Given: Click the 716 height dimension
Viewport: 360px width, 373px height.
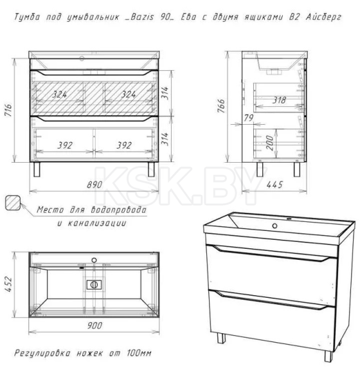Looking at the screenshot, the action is coord(8,110).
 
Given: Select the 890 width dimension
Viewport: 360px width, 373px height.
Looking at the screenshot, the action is coord(94,185).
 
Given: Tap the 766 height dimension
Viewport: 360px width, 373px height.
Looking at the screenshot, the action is coord(221,106).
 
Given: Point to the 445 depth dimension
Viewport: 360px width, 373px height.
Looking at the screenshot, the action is coord(274,185).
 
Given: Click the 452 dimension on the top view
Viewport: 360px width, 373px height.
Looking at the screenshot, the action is coord(8,284).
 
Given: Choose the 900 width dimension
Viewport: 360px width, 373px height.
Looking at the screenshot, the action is coord(94,325).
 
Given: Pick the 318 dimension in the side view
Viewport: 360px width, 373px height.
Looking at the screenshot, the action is coord(279,100).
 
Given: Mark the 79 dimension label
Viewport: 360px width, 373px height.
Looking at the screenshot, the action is coord(249,118).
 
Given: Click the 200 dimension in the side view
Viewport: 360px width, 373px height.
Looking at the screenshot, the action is coord(269,143).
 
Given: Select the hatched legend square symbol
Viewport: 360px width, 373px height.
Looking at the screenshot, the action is coord(13,203).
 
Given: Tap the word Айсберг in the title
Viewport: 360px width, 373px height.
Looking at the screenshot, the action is coord(323,17).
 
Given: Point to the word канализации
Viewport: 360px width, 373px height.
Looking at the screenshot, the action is coord(97,223).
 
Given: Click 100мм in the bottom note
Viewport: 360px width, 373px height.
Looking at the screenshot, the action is coord(139,352).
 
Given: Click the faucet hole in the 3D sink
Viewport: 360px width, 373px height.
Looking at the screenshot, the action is coord(274,226).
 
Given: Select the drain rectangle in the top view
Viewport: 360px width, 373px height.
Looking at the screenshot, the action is coord(94,285).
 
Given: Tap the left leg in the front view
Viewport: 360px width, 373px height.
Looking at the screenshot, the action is coord(37,169).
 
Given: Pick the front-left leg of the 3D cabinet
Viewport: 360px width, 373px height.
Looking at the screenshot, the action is coord(221,338).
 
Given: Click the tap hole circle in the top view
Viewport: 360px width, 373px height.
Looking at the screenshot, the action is coord(94,260).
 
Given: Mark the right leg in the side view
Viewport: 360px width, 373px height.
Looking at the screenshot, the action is coord(297,169).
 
